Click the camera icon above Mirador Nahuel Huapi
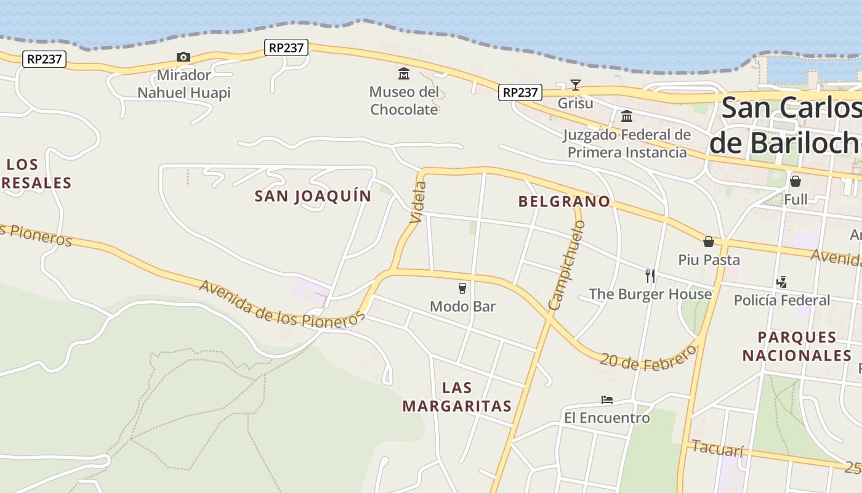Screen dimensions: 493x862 pos(183,57)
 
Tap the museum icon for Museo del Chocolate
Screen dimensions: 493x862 pos(404,74)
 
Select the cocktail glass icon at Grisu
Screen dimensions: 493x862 pos(575,85)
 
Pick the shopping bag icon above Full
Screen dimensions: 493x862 pos(796,181)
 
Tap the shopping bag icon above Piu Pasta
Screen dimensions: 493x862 pos(709,242)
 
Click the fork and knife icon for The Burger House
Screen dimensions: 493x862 pos(650,275)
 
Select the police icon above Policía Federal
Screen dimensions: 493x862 pos(781,282)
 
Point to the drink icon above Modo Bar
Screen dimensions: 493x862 pos(462,288)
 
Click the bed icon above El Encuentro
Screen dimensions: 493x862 pos(607,400)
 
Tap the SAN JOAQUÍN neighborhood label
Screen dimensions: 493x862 pos(313,197)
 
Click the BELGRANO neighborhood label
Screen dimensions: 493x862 pos(564,202)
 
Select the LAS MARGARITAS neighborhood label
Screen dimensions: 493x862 pos(457,397)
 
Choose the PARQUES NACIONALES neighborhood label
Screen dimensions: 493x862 pos(797,346)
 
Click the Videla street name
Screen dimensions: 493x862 pos(418,202)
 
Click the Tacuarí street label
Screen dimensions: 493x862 pos(718,448)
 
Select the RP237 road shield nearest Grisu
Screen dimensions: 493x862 pos(520,92)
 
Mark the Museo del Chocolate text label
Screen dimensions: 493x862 pos(404,101)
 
